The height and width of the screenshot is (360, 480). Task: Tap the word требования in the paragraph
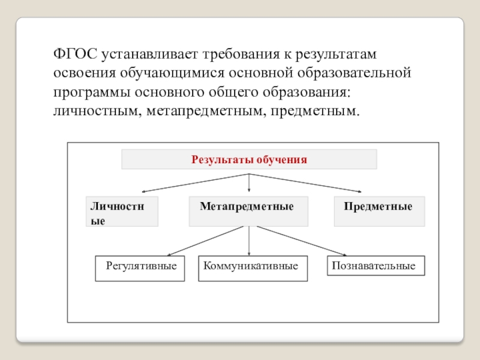(237, 55)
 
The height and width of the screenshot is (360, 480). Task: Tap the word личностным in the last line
(94, 112)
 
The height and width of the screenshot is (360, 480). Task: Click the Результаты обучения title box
(249, 160)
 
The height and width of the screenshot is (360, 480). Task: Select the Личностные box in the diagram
(122, 211)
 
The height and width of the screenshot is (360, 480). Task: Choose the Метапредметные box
(248, 211)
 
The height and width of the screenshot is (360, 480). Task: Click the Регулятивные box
(141, 268)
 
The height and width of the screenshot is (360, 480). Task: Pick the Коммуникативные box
(253, 269)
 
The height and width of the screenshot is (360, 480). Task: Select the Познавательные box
(376, 266)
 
